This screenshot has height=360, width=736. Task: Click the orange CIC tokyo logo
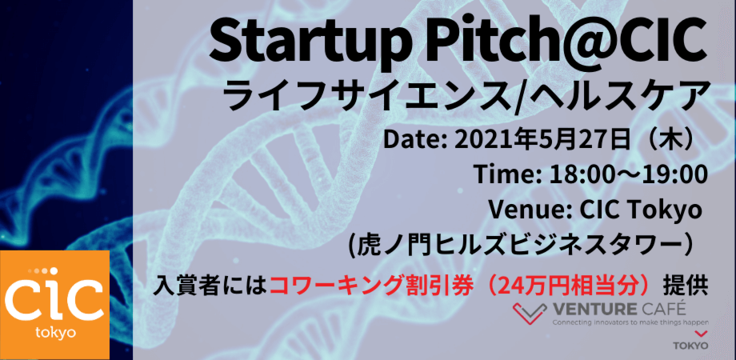(x=55, y=305)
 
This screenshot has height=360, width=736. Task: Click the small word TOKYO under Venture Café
(x=691, y=346)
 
